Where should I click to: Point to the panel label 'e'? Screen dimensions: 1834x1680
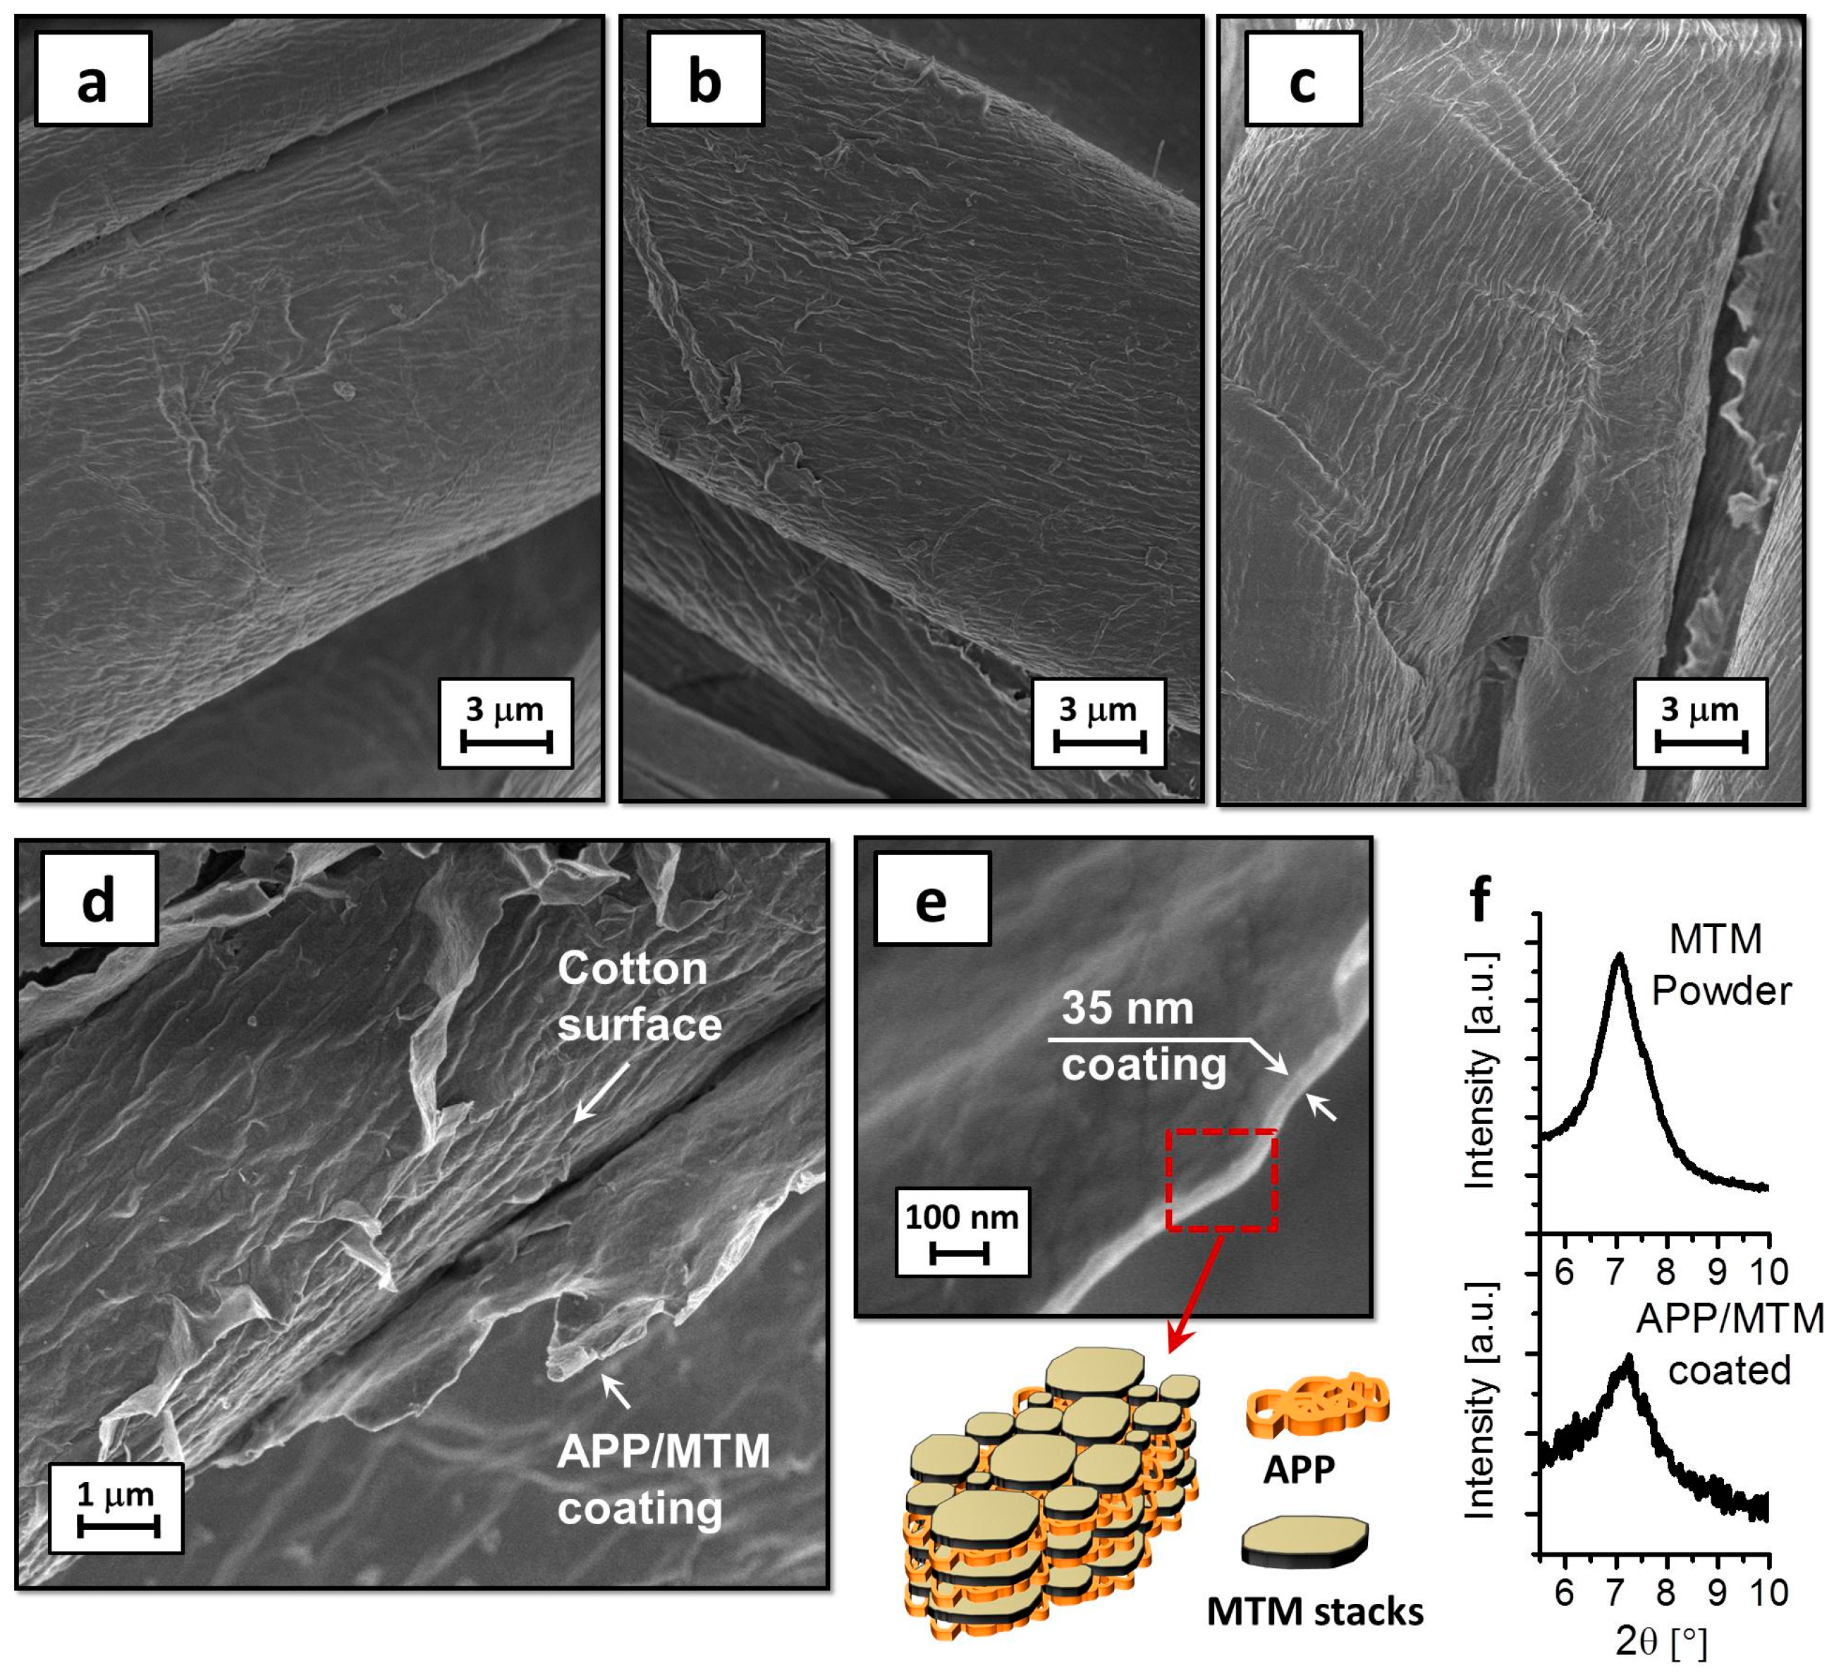(931, 899)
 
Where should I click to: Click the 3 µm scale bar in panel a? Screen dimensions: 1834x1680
(506, 742)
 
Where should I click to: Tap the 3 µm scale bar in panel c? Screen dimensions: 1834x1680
(1699, 742)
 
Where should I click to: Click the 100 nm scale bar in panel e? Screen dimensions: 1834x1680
(960, 1255)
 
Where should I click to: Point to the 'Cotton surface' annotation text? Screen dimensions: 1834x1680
(639, 997)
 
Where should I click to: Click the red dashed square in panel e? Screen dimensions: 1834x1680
(1222, 1179)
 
